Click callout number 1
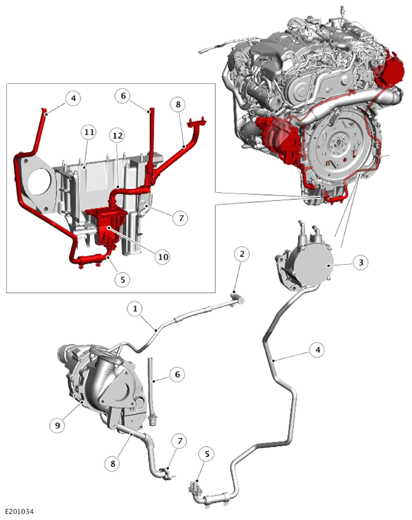click(x=135, y=309)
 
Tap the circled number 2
click(x=242, y=254)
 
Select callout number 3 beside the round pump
click(x=360, y=262)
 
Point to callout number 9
click(x=58, y=425)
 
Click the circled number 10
click(x=163, y=257)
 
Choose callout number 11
click(x=89, y=132)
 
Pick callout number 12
click(x=118, y=135)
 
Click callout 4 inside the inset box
click(x=73, y=98)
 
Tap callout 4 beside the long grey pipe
click(x=318, y=350)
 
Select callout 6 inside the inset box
click(x=123, y=96)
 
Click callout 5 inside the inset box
click(x=122, y=280)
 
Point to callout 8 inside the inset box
click(x=178, y=104)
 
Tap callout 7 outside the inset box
click(x=180, y=441)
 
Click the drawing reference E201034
click(x=19, y=512)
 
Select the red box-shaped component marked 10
click(x=106, y=227)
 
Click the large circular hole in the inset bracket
click(x=39, y=181)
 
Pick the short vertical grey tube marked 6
click(x=152, y=391)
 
